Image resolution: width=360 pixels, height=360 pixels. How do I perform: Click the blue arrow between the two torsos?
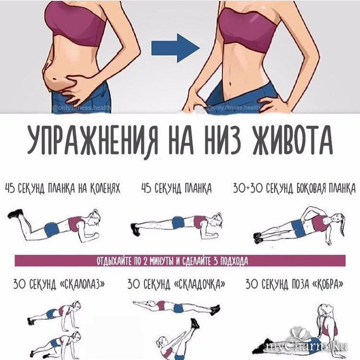click(175, 48)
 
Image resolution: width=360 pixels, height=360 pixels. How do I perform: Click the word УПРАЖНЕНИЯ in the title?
click(92, 141)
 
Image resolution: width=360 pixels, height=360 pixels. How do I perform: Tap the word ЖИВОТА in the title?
click(292, 140)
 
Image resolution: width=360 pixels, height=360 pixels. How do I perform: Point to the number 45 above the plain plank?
click(146, 189)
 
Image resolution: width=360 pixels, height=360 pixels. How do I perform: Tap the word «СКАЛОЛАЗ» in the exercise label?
click(82, 284)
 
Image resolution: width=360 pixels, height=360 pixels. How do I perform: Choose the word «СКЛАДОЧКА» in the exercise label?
click(199, 284)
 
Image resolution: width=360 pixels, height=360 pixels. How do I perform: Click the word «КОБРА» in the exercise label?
click(327, 284)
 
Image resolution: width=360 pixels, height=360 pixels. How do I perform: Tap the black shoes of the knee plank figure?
click(16, 214)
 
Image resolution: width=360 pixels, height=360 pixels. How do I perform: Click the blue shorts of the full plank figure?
click(178, 222)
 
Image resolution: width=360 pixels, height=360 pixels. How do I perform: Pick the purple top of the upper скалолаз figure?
click(61, 311)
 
